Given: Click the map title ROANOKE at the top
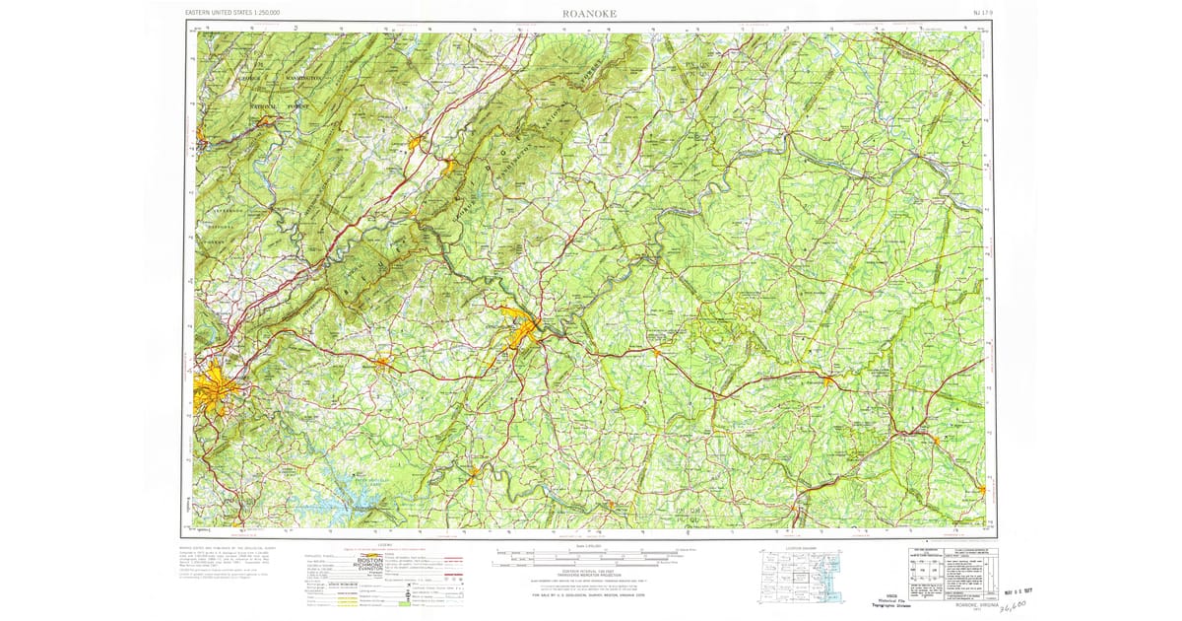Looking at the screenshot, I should [x=590, y=13].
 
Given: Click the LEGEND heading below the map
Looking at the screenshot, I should [x=383, y=545].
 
